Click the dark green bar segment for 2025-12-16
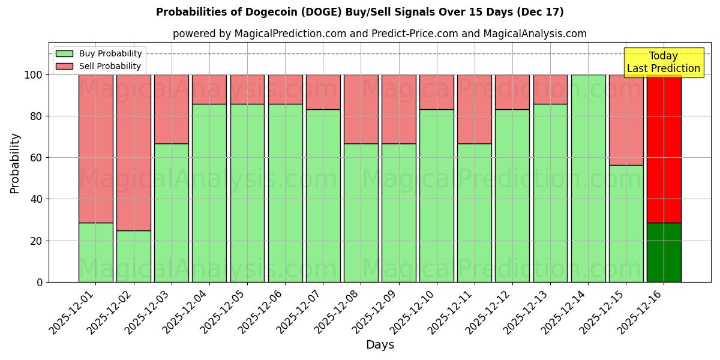[664, 252]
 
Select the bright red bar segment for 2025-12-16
[664, 149]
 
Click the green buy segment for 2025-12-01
[95, 252]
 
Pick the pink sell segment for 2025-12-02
[133, 152]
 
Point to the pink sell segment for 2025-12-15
[626, 120]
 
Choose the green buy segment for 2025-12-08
[361, 212]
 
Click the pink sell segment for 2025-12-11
[474, 109]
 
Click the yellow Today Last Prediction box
[663, 62]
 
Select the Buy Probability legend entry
[98, 53]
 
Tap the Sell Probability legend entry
[98, 66]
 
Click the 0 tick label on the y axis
[40, 282]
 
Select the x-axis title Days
[380, 345]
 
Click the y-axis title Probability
[15, 163]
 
